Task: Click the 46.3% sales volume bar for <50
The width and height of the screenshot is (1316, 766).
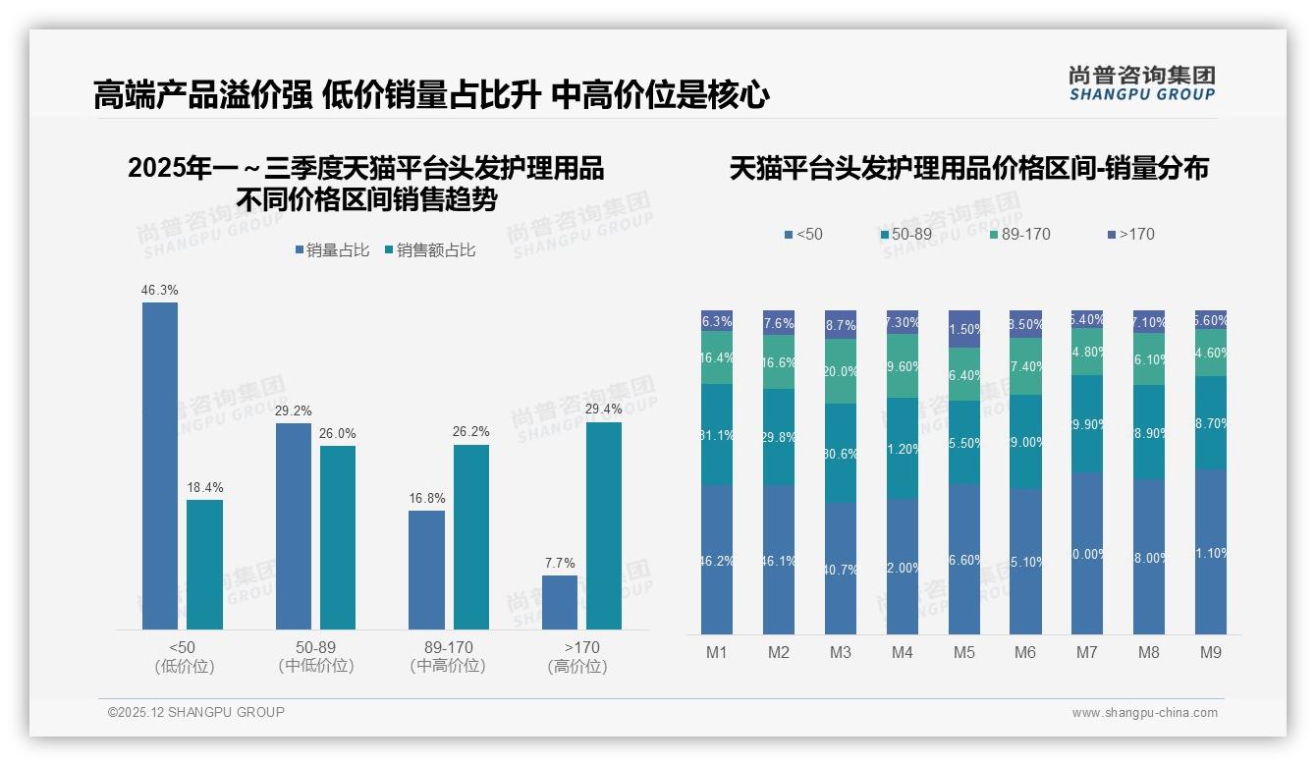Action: click(160, 465)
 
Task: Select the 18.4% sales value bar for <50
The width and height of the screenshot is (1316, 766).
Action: click(204, 565)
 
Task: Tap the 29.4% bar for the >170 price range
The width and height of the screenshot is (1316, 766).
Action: click(604, 525)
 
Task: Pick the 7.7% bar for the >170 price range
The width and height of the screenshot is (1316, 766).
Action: click(560, 602)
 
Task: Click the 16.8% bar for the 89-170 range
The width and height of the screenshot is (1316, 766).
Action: click(426, 570)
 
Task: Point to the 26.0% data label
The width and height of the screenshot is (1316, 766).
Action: click(338, 433)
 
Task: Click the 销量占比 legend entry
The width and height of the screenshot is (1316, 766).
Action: click(332, 250)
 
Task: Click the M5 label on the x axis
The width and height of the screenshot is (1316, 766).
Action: click(963, 652)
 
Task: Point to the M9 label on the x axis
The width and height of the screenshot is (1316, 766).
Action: click(1211, 652)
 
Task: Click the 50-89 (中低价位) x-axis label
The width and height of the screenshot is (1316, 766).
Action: click(315, 656)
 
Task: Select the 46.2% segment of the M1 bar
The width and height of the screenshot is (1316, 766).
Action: click(717, 560)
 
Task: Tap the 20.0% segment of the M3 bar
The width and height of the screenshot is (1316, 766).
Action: click(840, 371)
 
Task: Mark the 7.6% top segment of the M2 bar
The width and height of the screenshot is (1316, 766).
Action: click(779, 323)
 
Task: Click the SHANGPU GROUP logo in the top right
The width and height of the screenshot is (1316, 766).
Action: click(1141, 83)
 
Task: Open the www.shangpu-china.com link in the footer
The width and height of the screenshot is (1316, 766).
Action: click(1144, 713)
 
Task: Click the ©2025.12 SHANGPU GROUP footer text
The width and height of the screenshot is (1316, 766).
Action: click(196, 712)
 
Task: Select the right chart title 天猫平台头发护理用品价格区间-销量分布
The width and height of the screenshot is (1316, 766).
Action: click(968, 169)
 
